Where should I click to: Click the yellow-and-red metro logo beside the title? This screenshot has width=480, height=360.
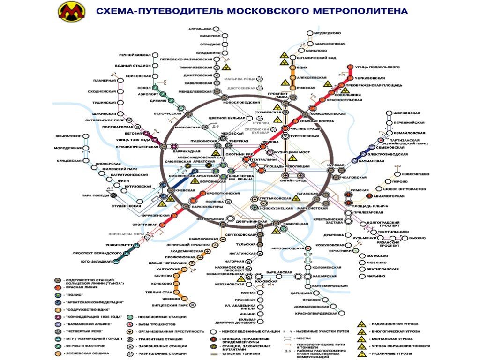70,11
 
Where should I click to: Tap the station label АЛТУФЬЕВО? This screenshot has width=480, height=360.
201,29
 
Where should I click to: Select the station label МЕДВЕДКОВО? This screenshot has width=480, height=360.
327,33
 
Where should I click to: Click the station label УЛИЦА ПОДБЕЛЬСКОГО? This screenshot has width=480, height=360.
377,67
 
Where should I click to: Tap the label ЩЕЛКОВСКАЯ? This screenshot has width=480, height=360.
406,113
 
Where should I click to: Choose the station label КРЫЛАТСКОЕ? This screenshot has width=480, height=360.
68,136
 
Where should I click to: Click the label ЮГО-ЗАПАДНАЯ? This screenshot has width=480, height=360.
96,261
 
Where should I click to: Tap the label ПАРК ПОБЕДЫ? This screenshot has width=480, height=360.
93,196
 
